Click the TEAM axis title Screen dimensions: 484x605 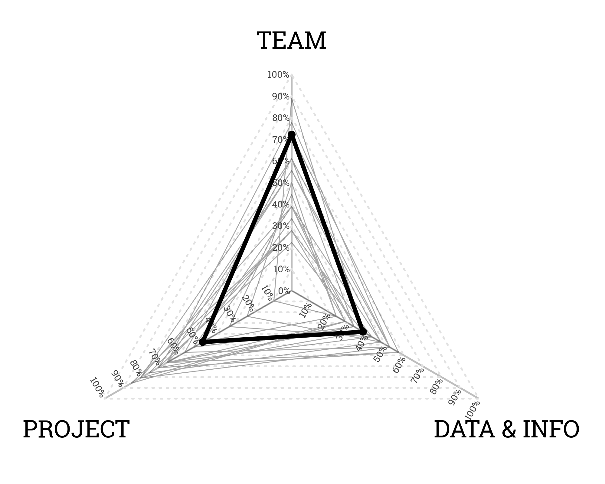[x=292, y=41]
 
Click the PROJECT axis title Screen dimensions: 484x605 [x=76, y=429]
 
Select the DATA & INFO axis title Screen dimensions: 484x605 [x=507, y=429]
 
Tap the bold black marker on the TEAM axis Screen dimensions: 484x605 [x=292, y=135]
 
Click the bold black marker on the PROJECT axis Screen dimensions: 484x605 [x=202, y=342]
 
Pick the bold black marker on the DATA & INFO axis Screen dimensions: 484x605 [x=363, y=332]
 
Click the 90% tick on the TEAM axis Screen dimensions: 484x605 [x=281, y=97]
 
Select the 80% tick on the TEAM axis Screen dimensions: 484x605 [x=281, y=118]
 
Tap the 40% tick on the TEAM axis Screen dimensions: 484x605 [x=281, y=205]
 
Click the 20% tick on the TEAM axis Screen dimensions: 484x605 [x=281, y=248]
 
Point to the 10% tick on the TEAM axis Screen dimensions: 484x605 [x=281, y=269]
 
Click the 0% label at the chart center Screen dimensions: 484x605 [x=284, y=291]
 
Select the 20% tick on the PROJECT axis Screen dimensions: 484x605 [x=248, y=303]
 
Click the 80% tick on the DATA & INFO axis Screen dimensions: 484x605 [x=436, y=386]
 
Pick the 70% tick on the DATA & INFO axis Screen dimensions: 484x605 [x=417, y=376]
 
